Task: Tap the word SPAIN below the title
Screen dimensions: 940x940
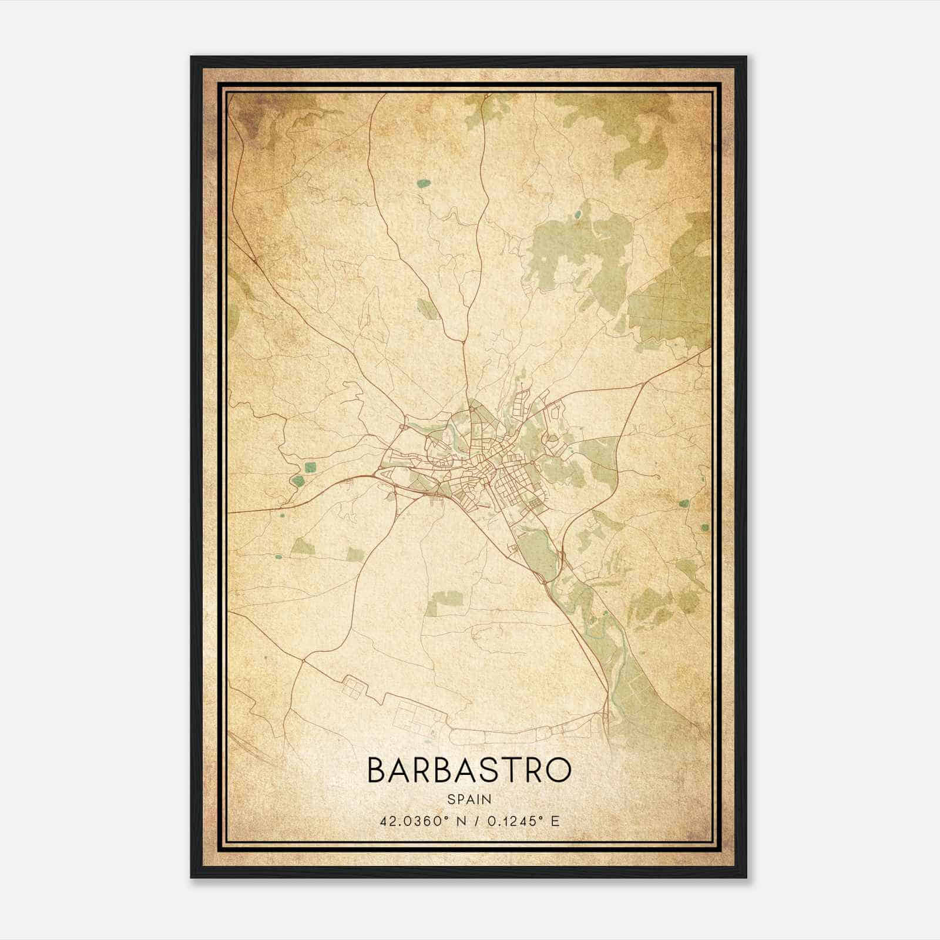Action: [x=469, y=799]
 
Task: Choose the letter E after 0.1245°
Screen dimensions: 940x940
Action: [x=555, y=821]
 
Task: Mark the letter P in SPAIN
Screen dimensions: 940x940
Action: [x=459, y=799]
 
